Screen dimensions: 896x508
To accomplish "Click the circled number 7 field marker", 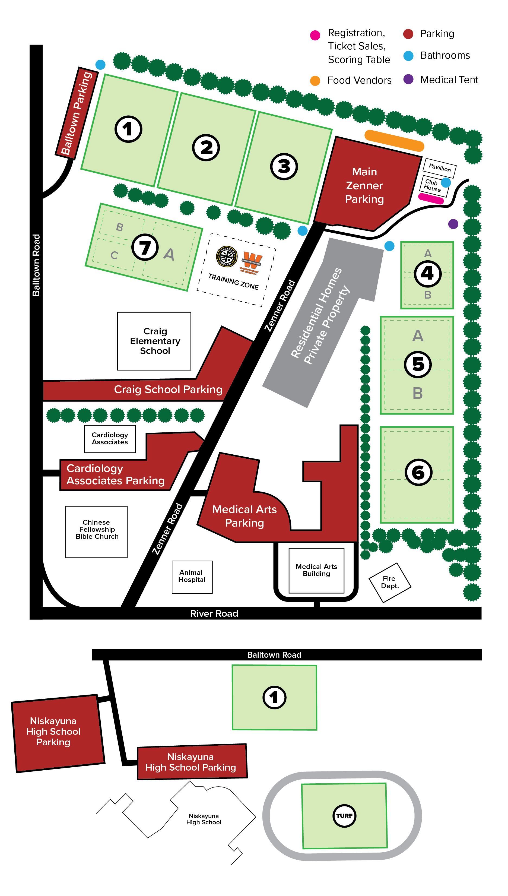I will [145, 247].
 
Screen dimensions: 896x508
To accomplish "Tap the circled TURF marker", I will [344, 815].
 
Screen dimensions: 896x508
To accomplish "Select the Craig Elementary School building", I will [154, 341].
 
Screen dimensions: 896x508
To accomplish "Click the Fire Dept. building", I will [390, 582].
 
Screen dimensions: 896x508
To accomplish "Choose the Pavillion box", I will [440, 167].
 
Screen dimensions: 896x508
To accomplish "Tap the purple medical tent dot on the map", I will [453, 224].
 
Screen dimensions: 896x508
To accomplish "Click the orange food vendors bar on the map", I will [394, 141].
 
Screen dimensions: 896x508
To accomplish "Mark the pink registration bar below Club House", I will [431, 198].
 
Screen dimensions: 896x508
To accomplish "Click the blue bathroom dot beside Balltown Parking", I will [100, 65].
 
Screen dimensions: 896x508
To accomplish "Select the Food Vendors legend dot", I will [315, 81].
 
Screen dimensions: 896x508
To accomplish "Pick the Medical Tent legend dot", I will [408, 79].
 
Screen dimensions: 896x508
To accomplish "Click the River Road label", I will [214, 613].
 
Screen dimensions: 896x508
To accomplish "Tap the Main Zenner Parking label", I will [364, 185].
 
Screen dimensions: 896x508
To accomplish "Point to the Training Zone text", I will [233, 281].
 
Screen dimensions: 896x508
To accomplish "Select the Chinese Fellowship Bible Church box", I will [97, 531].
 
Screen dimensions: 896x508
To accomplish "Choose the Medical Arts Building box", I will [316, 570].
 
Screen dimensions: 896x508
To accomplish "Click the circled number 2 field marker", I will [206, 147].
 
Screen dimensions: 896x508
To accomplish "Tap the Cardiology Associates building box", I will [110, 439].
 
